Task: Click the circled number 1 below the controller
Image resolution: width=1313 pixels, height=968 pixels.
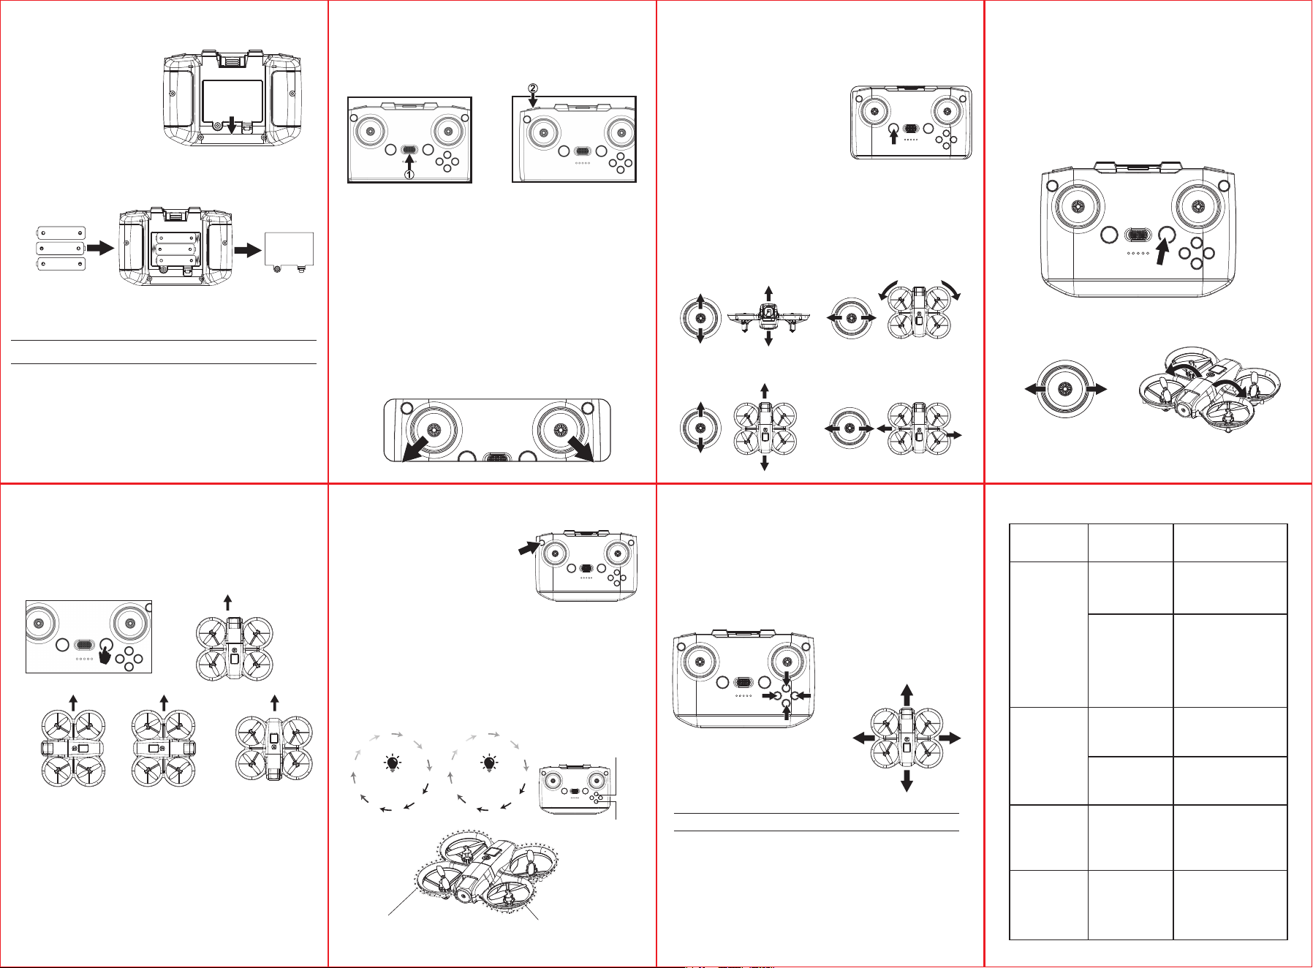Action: click(x=409, y=175)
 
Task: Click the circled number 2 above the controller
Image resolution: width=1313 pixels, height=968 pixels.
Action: click(x=533, y=88)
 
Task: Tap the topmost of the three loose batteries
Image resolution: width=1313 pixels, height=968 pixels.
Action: click(x=61, y=233)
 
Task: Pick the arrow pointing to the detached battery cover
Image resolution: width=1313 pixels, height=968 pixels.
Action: click(x=248, y=250)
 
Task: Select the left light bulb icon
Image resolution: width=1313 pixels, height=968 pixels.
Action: click(x=393, y=764)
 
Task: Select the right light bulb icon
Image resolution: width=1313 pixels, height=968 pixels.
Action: click(x=489, y=764)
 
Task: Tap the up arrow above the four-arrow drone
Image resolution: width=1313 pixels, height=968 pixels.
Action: click(x=907, y=695)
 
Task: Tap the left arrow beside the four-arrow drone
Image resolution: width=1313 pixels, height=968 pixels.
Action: click(x=865, y=738)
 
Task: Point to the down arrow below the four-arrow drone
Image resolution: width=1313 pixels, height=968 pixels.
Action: click(x=907, y=781)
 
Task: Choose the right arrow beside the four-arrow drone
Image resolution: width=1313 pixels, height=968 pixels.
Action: click(x=950, y=738)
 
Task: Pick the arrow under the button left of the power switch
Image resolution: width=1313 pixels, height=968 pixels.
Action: click(x=893, y=136)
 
